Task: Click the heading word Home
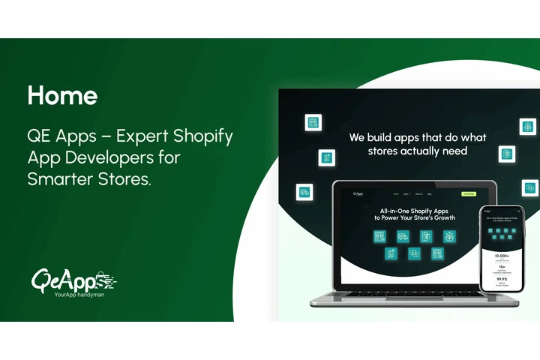[62, 95]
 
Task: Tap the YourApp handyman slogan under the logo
[80, 295]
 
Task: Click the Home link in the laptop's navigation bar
[396, 194]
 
